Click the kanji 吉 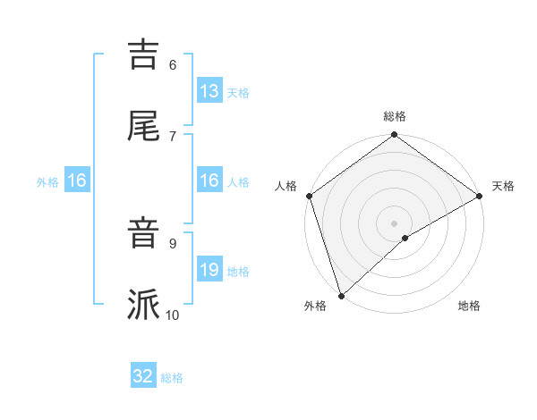click(x=143, y=54)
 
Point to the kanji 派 click(x=143, y=305)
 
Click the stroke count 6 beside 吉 click(x=173, y=64)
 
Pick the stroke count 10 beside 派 click(x=173, y=315)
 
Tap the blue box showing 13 click(x=209, y=91)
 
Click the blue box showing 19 click(x=209, y=270)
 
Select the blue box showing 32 click(x=143, y=376)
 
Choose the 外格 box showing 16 click(x=77, y=181)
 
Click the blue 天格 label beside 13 click(x=238, y=92)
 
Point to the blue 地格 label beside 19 click(x=238, y=271)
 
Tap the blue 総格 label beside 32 click(x=172, y=377)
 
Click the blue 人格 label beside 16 click(x=238, y=181)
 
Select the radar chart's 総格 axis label click(x=395, y=116)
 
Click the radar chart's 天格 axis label click(x=503, y=186)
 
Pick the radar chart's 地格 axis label click(x=469, y=307)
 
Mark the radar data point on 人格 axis click(x=309, y=196)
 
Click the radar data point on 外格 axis click(x=341, y=295)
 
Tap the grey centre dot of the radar click(x=394, y=223)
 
